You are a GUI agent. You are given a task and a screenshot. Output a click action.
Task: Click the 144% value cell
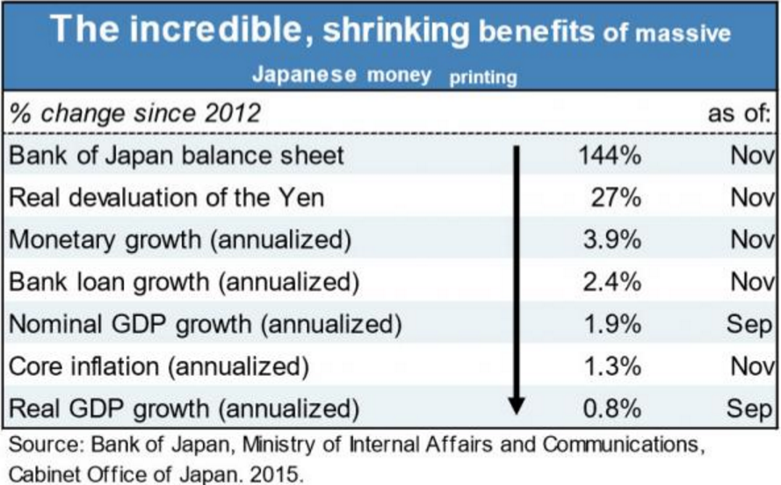coord(610,156)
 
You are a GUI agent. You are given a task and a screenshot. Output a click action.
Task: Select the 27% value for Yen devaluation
coord(617,198)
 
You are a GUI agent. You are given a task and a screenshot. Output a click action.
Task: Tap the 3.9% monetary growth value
coord(612,239)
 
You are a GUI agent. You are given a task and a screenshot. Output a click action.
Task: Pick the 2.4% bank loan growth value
coord(612,281)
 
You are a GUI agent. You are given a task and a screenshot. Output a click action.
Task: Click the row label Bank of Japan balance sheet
coord(176,156)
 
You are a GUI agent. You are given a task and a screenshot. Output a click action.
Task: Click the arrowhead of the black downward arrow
coord(517,404)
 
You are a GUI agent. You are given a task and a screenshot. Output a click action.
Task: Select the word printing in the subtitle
coord(483,77)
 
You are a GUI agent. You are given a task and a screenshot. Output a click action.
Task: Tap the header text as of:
coord(740,114)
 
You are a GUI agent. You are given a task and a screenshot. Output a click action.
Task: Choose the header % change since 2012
coord(134,114)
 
